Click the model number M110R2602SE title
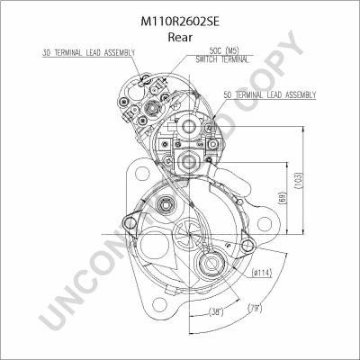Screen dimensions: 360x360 [x=180, y=22]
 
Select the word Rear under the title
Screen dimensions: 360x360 [x=180, y=37]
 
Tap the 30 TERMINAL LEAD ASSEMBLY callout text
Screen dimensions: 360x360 [x=88, y=53]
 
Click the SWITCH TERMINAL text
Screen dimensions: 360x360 [x=222, y=59]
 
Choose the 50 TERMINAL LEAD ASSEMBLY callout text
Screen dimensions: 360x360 [x=270, y=95]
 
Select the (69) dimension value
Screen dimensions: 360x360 [x=283, y=199]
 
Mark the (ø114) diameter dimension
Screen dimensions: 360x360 [x=262, y=273]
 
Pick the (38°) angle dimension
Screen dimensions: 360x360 [x=216, y=312]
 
